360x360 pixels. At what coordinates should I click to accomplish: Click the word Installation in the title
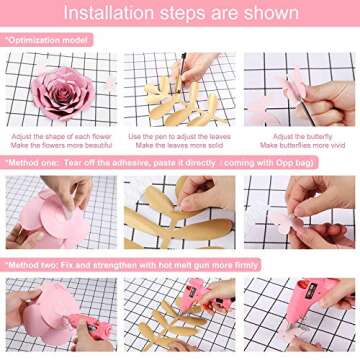(x=113, y=14)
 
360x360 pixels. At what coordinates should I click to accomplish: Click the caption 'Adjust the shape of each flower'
(x=60, y=136)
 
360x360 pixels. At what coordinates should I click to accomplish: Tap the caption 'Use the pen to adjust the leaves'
(x=179, y=136)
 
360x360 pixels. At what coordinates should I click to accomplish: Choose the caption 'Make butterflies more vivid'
(x=301, y=145)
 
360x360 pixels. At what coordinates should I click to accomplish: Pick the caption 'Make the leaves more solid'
(x=179, y=145)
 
